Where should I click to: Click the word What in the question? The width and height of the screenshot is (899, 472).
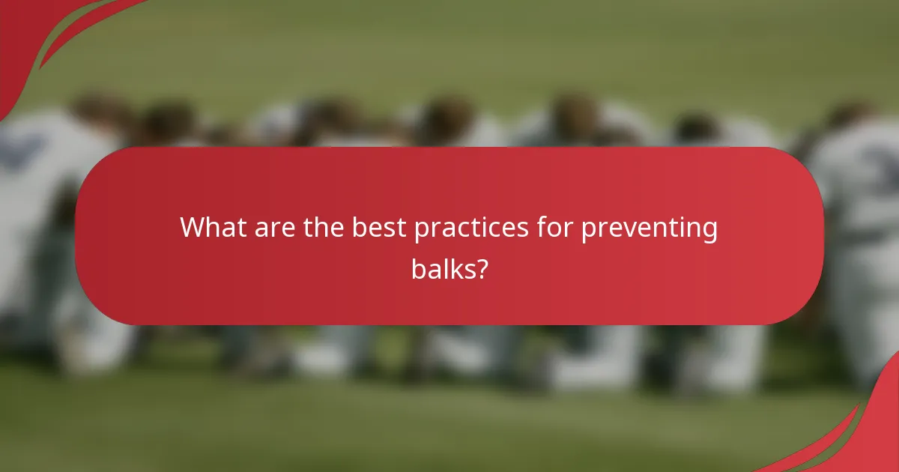[212, 227]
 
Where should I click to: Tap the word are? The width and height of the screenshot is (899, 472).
[274, 227]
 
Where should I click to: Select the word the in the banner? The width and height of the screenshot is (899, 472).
[324, 227]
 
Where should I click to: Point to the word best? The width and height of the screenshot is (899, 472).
[379, 227]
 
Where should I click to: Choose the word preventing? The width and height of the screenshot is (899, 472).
[649, 229]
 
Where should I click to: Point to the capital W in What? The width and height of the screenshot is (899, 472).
[194, 227]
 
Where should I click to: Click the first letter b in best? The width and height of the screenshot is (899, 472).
[360, 227]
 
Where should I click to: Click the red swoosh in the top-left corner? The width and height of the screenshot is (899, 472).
[30, 37]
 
